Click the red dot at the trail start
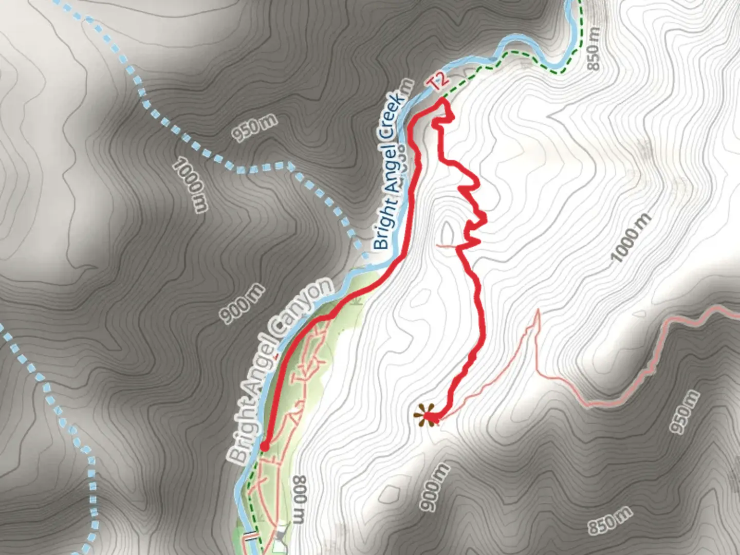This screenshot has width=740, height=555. tap(264, 447)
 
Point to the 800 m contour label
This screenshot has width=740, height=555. tap(300, 499)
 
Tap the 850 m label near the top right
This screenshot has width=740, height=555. tap(593, 49)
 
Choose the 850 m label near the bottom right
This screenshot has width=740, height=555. tap(609, 521)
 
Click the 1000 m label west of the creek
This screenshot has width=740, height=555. tap(190, 185)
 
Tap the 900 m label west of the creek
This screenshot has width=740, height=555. tap(243, 304)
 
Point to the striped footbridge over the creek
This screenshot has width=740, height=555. tap(250, 536)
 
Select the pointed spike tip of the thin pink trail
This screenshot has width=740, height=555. tap(538, 310)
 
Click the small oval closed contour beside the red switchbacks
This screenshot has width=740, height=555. tap(448, 232)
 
